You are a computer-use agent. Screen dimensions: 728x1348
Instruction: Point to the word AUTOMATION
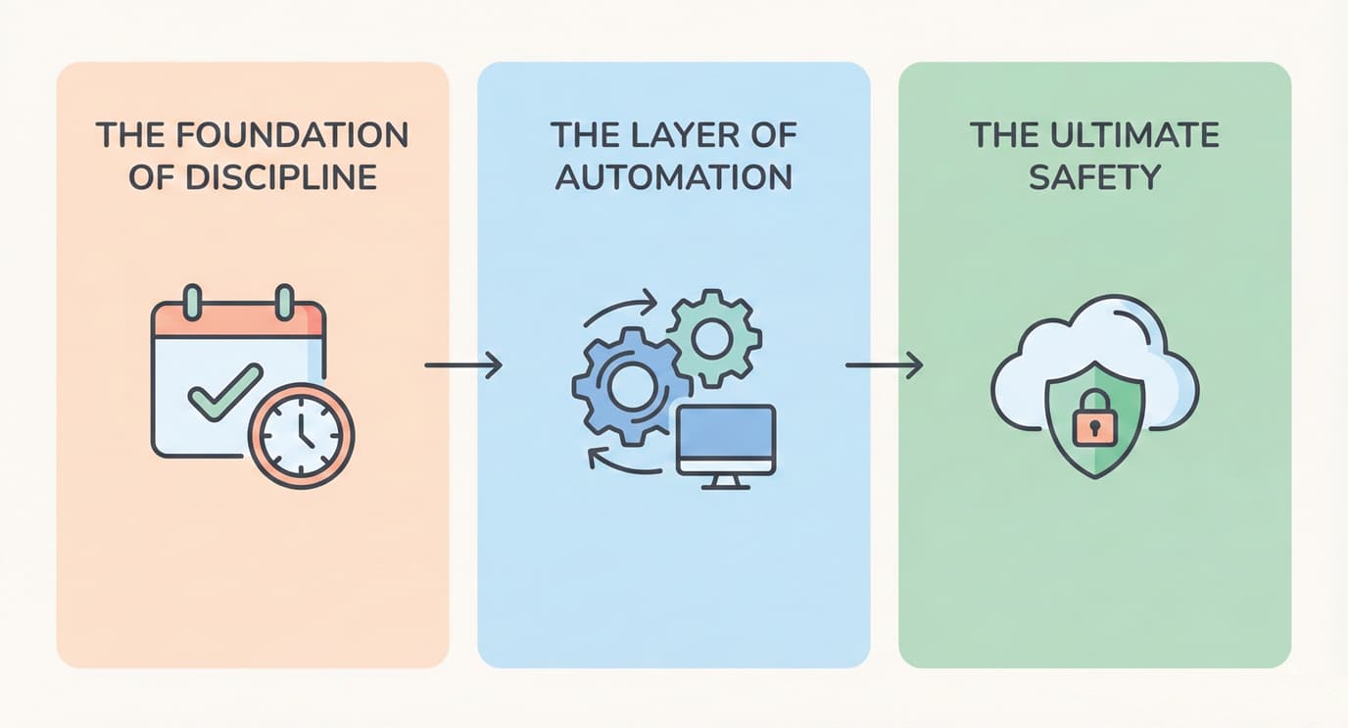click(x=673, y=177)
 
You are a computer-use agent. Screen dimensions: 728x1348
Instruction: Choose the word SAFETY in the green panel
click(x=1094, y=177)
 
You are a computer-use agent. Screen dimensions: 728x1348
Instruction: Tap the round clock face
click(x=301, y=434)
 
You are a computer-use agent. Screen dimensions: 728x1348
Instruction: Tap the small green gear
click(x=713, y=337)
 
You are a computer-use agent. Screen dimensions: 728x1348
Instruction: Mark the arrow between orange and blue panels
click(x=463, y=365)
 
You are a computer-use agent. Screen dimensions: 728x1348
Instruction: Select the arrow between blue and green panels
click(x=884, y=365)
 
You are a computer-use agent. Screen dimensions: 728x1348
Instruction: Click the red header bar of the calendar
click(x=238, y=319)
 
